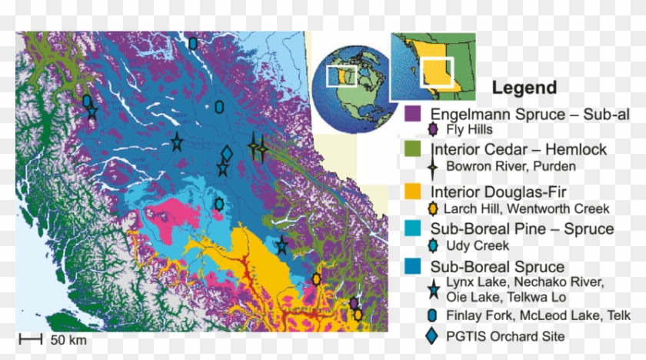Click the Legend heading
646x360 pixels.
click(x=524, y=88)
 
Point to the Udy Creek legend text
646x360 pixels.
click(x=478, y=246)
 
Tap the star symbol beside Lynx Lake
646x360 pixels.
click(x=434, y=288)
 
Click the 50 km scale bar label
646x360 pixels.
click(x=68, y=339)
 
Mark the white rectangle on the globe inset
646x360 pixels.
click(x=341, y=76)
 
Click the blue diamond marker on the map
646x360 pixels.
click(x=226, y=155)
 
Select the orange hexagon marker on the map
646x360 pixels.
click(x=316, y=278)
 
